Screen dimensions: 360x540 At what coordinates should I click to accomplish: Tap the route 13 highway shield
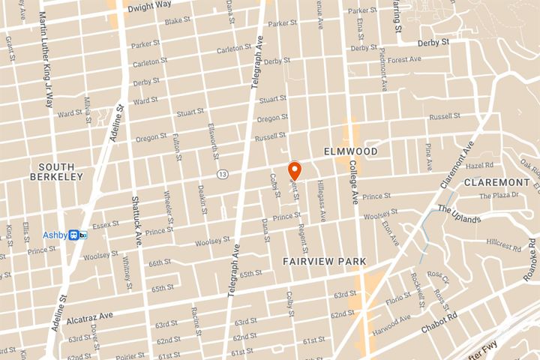click(222, 174)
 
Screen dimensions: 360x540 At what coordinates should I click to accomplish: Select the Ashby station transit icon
click(77, 235)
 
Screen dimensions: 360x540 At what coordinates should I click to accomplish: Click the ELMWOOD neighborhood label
click(349, 151)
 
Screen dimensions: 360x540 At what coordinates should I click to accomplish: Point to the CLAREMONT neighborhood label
click(496, 182)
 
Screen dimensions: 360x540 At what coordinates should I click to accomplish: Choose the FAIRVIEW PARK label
click(324, 261)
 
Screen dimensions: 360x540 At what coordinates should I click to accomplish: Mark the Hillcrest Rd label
click(503, 244)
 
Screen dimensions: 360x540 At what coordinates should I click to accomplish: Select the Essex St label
click(106, 223)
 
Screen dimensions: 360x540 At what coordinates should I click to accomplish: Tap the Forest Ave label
click(406, 59)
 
